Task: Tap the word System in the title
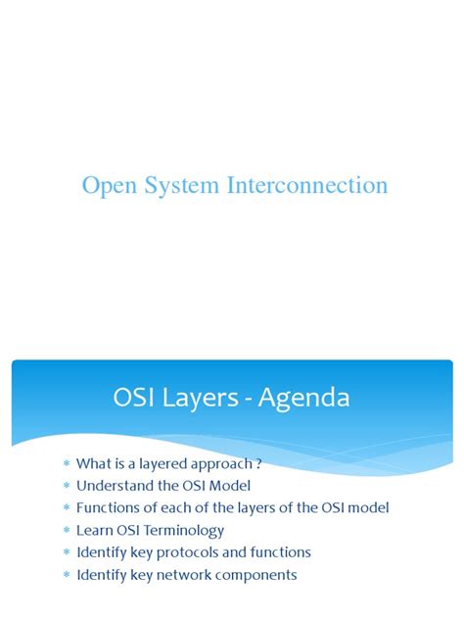pos(181,186)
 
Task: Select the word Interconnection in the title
pos(307,185)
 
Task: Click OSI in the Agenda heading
pos(133,397)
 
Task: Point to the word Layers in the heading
pos(201,399)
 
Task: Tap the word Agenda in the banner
pos(303,399)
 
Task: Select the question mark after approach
pos(258,463)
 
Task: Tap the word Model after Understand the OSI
pos(230,486)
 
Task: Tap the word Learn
pos(95,530)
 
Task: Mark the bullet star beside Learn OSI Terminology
pos(67,530)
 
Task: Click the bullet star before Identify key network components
pos(67,574)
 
